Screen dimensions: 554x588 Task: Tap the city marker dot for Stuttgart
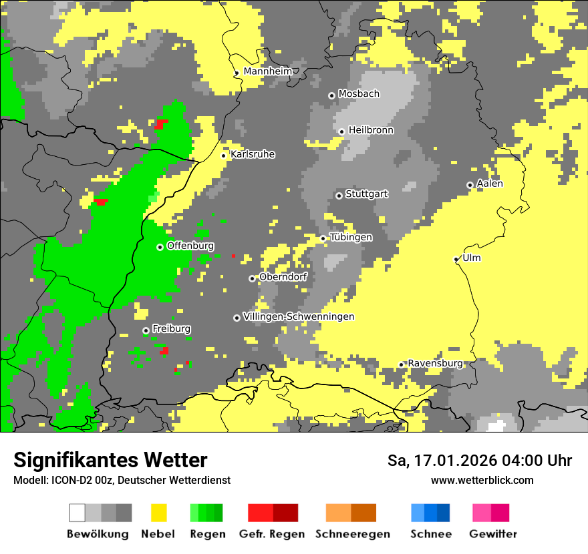[339, 196]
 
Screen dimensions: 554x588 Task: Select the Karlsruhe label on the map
[253, 154]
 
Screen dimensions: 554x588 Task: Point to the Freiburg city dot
[146, 330]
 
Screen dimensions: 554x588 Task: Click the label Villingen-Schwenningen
[299, 316]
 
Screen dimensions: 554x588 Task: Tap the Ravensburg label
[435, 363]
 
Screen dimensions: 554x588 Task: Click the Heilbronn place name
[371, 130]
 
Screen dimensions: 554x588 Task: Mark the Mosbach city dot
[331, 95]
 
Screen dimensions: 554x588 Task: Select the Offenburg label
[190, 246]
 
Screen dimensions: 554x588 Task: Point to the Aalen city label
[490, 184]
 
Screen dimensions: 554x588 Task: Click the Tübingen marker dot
[323, 238]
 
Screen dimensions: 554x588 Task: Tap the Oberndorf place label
[283, 277]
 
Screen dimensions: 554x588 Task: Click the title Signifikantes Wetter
[110, 460]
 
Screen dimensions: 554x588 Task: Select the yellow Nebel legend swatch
[158, 513]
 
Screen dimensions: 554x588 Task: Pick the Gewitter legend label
[493, 534]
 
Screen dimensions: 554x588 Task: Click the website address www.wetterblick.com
[482, 480]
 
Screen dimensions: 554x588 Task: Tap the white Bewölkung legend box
[78, 513]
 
